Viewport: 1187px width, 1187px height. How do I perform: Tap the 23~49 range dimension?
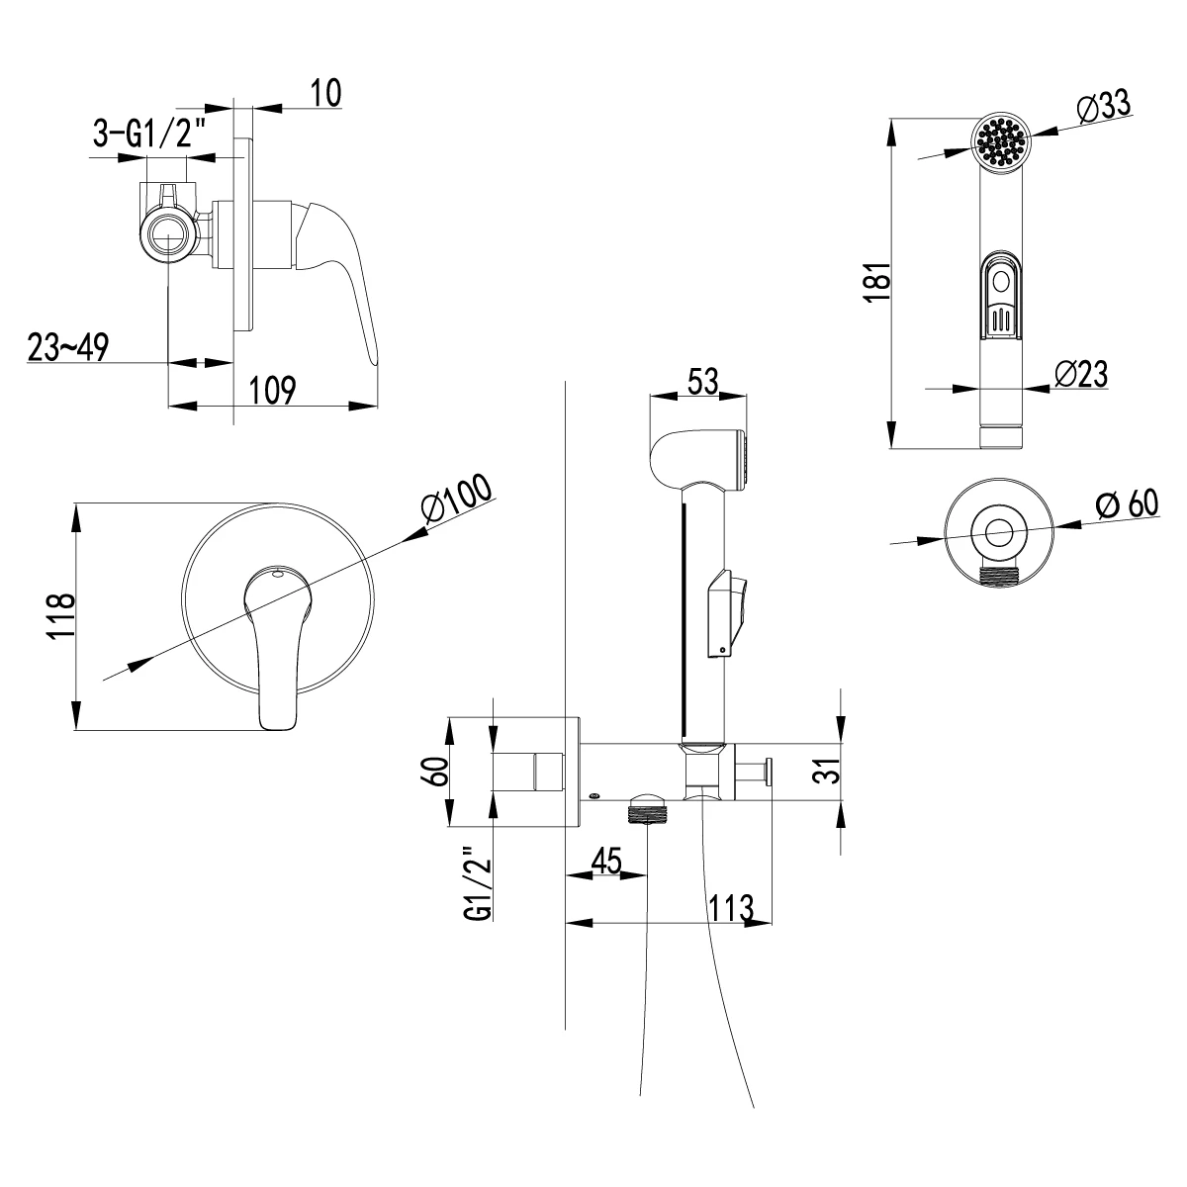tap(67, 347)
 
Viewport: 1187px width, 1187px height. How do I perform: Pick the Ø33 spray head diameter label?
tap(1099, 106)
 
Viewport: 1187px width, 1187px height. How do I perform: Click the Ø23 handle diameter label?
tap(1079, 373)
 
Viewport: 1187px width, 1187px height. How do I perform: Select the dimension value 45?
tap(604, 861)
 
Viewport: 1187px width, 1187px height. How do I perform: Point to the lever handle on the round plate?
tap(275, 643)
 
